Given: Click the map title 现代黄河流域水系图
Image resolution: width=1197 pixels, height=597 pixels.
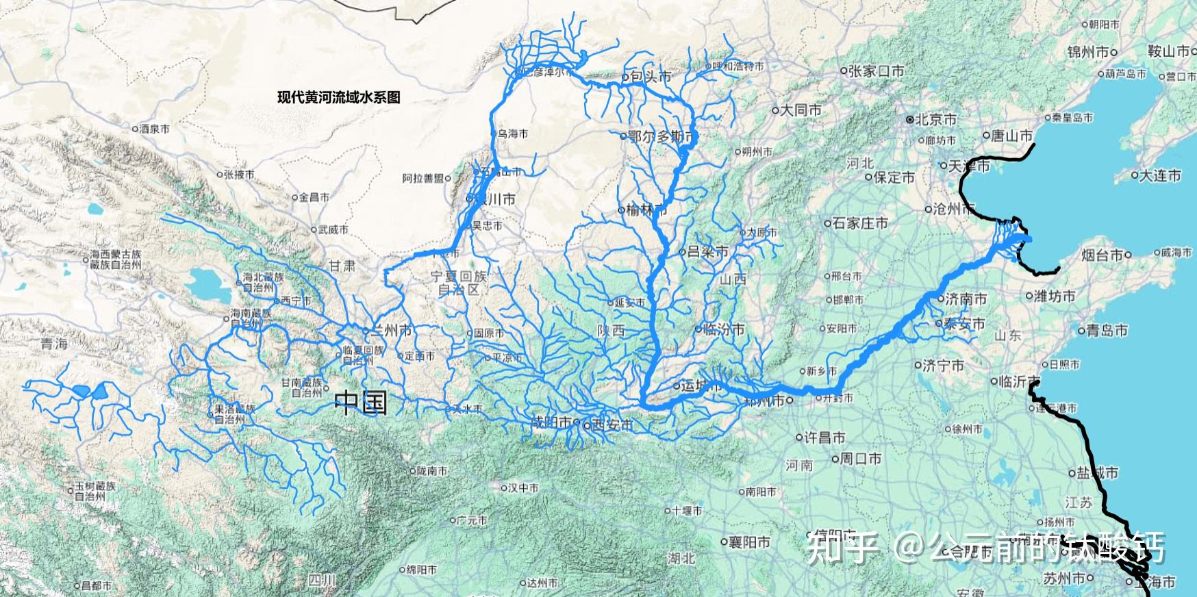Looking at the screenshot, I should pos(338,97).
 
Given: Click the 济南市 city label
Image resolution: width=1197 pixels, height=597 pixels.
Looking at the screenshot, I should pos(966,298).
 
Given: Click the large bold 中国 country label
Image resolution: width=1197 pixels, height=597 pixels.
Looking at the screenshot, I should pos(361,403).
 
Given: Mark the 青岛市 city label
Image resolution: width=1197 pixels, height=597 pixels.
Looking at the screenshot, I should pos(1107,331).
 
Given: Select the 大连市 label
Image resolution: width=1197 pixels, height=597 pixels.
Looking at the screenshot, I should pos(1159,176).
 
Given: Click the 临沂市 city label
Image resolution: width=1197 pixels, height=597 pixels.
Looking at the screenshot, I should pos(1019,381).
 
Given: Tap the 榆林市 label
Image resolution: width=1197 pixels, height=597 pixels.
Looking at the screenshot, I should pos(646,209).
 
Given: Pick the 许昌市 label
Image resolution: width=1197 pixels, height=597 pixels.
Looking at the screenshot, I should pos(824,437).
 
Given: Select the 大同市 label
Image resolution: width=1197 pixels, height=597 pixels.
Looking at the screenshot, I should pos(801,110).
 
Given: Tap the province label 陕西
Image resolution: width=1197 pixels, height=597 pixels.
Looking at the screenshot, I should pos(611,331).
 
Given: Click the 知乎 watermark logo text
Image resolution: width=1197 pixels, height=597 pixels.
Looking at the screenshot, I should pos(843,548).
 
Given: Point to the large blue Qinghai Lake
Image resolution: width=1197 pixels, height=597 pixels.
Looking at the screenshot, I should pos(208,280).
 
